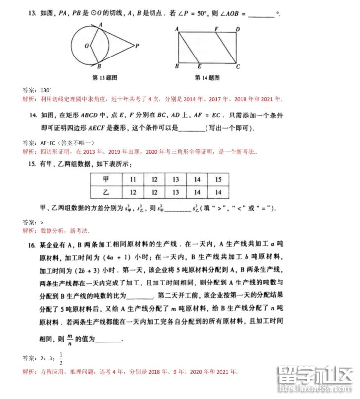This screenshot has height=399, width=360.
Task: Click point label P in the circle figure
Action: coord(137,45)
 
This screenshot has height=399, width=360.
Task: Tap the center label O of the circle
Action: coord(86,45)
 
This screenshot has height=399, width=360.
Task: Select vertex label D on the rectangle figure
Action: coord(237,30)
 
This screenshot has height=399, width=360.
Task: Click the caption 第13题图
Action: coord(103,78)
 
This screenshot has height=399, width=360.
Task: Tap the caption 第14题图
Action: coord(207,78)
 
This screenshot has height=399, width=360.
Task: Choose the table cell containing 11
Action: coord(133,179)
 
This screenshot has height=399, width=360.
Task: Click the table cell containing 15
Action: coord(219,179)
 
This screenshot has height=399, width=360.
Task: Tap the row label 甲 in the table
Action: coord(105,179)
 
